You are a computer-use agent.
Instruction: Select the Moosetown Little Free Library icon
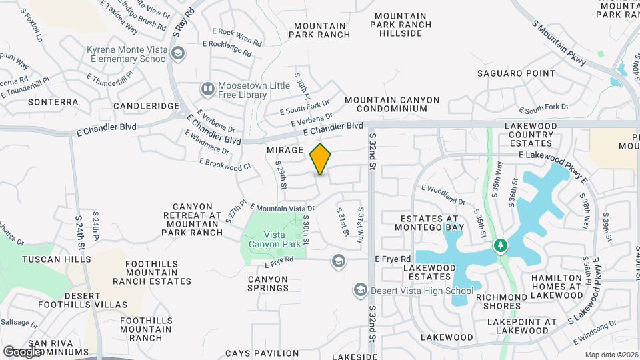[207, 88]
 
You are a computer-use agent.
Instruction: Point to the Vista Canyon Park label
[274, 239]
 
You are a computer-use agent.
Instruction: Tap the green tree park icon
[501, 247]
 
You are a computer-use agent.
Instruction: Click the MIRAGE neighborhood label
[285, 151]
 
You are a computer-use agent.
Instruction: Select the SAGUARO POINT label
[516, 73]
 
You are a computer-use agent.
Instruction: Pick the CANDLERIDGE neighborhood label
[147, 106]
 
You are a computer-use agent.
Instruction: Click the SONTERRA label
[53, 103]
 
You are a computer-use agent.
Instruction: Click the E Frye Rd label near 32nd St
[391, 259]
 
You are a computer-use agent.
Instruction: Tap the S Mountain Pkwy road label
[559, 42]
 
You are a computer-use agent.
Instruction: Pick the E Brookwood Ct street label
[225, 164]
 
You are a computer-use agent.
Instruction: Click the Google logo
[23, 351]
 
